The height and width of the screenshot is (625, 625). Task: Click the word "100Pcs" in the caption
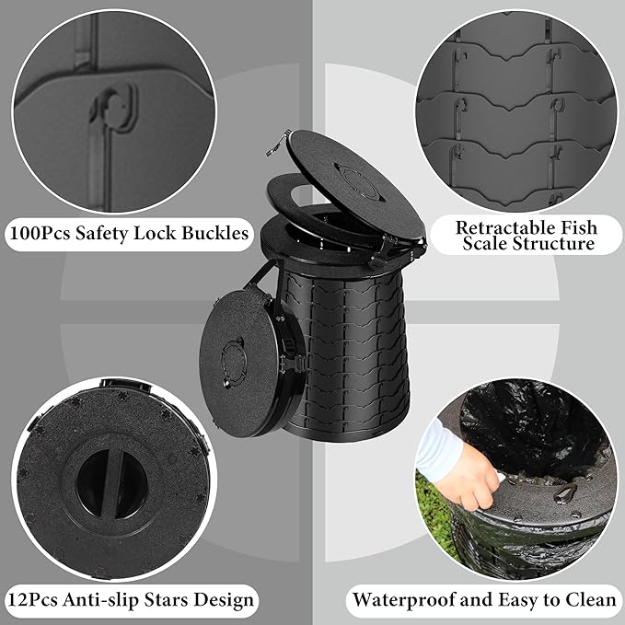point(39,233)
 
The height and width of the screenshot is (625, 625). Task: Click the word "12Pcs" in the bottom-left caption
point(33,599)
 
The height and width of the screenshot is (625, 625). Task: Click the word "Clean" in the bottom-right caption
point(592,599)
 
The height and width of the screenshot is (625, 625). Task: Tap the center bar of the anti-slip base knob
point(111,484)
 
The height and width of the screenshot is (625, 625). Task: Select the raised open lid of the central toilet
point(356,184)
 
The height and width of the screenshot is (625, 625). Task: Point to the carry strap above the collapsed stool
point(260,277)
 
